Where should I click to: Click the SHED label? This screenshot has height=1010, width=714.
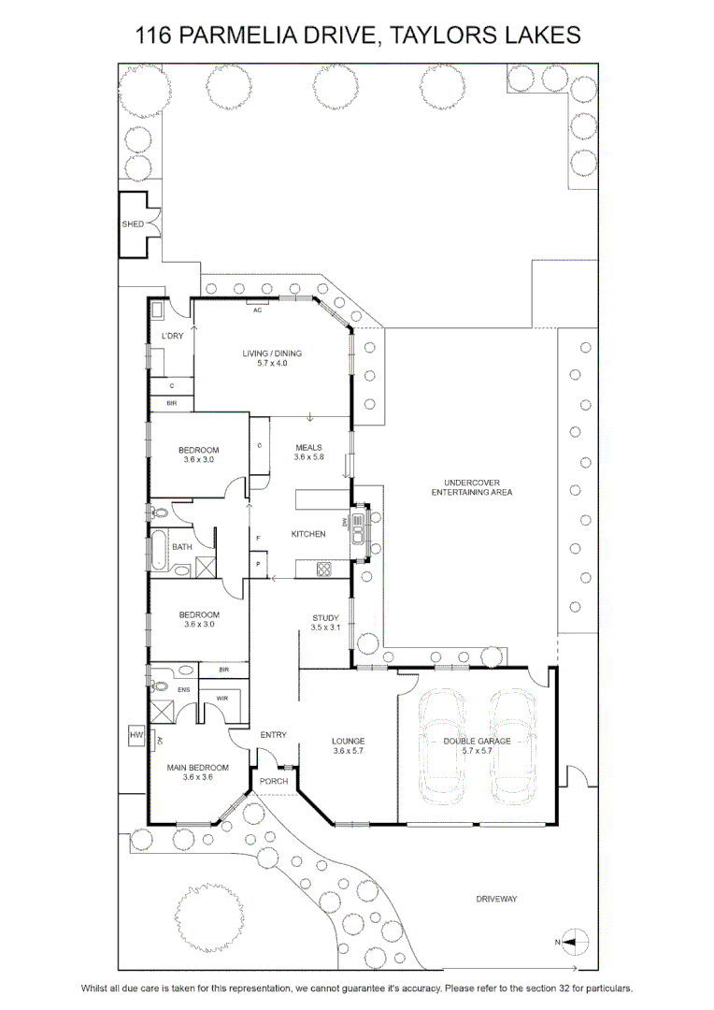(x=133, y=224)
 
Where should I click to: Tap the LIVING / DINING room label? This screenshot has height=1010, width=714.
(x=272, y=353)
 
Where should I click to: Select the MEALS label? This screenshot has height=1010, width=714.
(x=309, y=448)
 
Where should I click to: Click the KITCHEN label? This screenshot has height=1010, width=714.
(x=308, y=534)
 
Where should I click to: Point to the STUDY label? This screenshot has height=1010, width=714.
(x=325, y=618)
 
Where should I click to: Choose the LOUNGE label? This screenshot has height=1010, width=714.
(x=349, y=742)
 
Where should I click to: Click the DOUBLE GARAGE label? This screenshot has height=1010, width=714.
(x=477, y=742)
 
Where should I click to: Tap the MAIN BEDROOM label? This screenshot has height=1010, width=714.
(x=197, y=768)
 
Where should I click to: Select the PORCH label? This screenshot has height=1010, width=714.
(x=274, y=781)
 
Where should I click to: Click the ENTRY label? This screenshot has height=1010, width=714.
(x=274, y=735)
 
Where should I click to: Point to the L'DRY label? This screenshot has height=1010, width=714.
(x=173, y=337)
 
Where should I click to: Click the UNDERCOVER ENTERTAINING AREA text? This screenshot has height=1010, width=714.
(x=472, y=487)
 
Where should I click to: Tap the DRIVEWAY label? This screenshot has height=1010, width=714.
(x=496, y=900)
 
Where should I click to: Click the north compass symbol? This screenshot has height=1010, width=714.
(x=572, y=943)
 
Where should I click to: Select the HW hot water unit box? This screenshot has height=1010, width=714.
(x=136, y=735)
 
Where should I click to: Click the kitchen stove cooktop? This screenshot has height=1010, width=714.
(x=323, y=570)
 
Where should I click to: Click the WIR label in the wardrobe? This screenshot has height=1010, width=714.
(x=222, y=699)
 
